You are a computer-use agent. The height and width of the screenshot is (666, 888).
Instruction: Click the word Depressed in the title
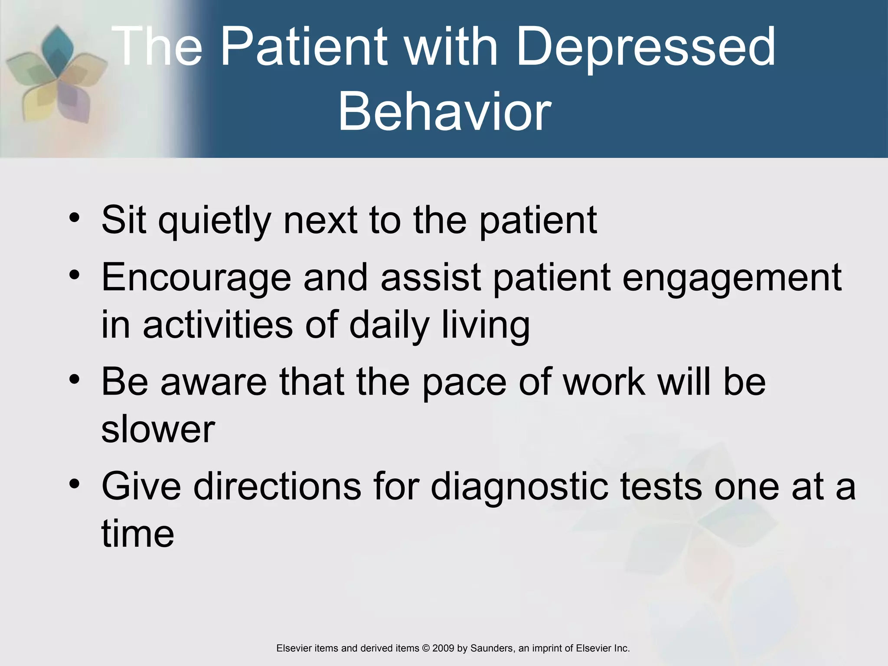tap(646, 47)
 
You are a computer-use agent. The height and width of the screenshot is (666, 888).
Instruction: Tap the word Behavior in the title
tap(444, 112)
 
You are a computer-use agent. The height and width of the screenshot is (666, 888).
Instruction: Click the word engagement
tap(732, 277)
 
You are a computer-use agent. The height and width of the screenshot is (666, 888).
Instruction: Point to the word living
tap(486, 325)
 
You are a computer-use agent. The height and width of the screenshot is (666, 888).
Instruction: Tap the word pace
tap(464, 382)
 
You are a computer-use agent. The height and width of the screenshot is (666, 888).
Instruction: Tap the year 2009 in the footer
tap(443, 648)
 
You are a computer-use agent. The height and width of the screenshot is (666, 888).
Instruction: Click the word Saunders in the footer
tap(492, 648)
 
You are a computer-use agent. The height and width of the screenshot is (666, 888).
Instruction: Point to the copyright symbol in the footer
tap(426, 648)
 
